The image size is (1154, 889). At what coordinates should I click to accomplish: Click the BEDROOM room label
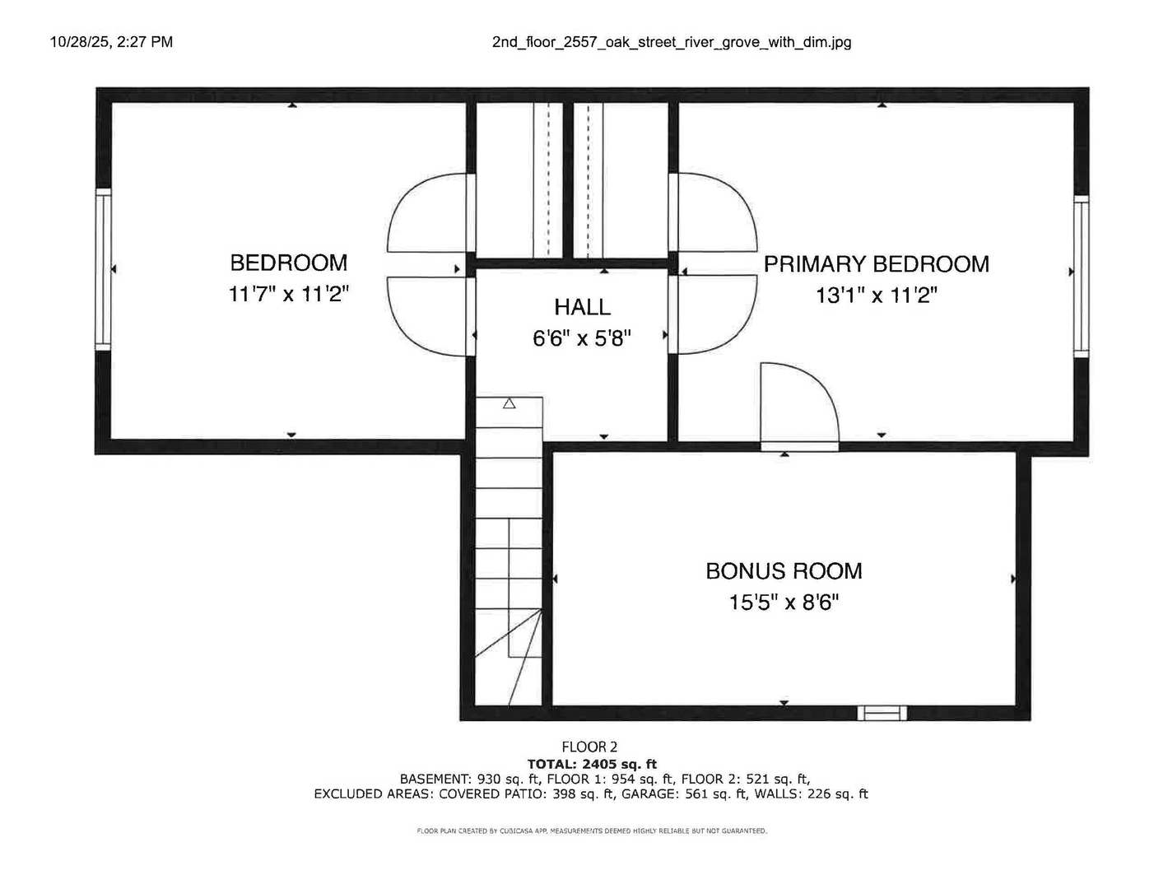(x=288, y=263)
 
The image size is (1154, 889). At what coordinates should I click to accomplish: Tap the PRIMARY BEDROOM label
(x=877, y=264)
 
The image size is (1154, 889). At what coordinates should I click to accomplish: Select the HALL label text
(x=582, y=307)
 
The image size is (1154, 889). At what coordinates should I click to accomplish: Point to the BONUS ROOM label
(x=784, y=571)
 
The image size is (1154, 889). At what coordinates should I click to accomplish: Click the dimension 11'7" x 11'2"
(x=288, y=294)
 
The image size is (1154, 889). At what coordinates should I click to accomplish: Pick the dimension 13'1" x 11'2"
(x=877, y=295)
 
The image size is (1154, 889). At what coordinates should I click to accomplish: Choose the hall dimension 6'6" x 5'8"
(x=582, y=337)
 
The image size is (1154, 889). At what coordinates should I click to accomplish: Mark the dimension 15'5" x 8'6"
(x=784, y=603)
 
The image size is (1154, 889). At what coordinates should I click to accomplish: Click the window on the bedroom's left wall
(x=103, y=269)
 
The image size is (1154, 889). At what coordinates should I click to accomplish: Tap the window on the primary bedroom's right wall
(x=1082, y=276)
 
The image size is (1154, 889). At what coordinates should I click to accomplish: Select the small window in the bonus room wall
(x=882, y=713)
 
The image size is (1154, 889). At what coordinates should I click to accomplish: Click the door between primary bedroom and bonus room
(x=800, y=407)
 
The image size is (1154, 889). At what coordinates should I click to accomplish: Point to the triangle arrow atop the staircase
(x=509, y=403)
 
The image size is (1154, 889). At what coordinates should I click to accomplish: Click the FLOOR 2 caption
(x=589, y=747)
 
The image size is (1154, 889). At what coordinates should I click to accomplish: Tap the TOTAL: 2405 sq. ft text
(x=592, y=764)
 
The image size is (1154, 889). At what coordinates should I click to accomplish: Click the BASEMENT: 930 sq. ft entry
(x=470, y=779)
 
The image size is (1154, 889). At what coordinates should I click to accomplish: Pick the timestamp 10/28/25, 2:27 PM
(x=111, y=42)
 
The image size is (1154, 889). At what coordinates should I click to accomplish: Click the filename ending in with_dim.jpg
(x=672, y=43)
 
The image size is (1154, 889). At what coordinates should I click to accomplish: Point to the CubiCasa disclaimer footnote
(x=592, y=831)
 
